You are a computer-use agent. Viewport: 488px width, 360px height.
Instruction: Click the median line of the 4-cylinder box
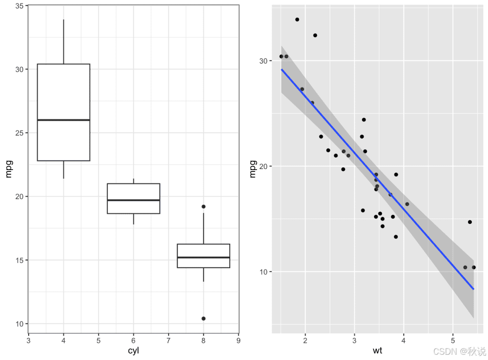[x=63, y=120]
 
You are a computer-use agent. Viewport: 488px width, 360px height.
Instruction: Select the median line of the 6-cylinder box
[x=133, y=200]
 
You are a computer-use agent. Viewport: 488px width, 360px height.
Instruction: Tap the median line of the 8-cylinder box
[x=203, y=257]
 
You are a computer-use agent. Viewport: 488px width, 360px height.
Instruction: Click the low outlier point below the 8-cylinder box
[x=203, y=318]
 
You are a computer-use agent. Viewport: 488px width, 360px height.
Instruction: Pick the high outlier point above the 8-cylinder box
[x=203, y=207]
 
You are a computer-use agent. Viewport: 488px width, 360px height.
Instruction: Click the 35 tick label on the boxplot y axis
[x=20, y=6]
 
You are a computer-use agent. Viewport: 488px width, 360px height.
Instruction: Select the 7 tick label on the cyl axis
[x=168, y=340]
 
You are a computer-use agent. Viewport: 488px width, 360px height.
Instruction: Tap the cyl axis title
[x=133, y=351]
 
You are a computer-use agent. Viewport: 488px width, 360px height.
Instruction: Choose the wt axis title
[x=377, y=351]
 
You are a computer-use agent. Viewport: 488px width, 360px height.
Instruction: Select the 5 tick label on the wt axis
[x=453, y=340]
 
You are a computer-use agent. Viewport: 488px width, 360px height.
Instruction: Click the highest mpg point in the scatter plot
[x=297, y=20]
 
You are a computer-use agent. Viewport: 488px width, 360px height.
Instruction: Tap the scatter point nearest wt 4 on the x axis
[x=407, y=204]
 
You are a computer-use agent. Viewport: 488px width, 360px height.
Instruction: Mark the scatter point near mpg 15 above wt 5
[x=469, y=222]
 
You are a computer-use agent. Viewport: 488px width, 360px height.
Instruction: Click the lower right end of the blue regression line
[x=473, y=289]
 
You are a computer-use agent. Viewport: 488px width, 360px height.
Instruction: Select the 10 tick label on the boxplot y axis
[x=20, y=324]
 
